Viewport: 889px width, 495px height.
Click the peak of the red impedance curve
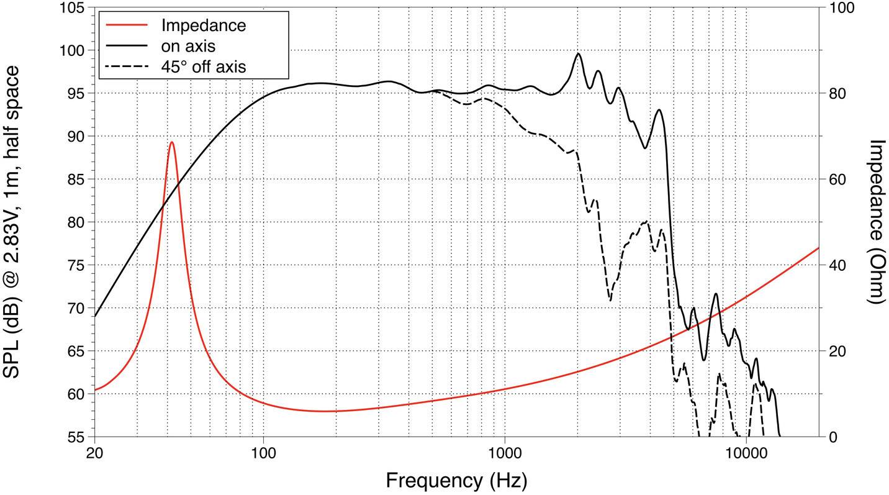[x=171, y=142]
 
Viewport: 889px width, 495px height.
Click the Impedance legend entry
[x=203, y=25]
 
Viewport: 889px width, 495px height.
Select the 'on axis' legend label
[x=188, y=45]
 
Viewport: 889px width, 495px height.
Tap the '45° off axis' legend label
[x=203, y=66]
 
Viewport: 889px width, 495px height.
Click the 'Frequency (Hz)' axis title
[x=456, y=480]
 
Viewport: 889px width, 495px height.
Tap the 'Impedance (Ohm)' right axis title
[x=876, y=222]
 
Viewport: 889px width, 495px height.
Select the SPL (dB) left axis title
[x=14, y=222]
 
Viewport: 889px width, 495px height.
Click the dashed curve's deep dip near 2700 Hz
[x=610, y=301]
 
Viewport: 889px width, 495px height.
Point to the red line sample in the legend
[x=127, y=25]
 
